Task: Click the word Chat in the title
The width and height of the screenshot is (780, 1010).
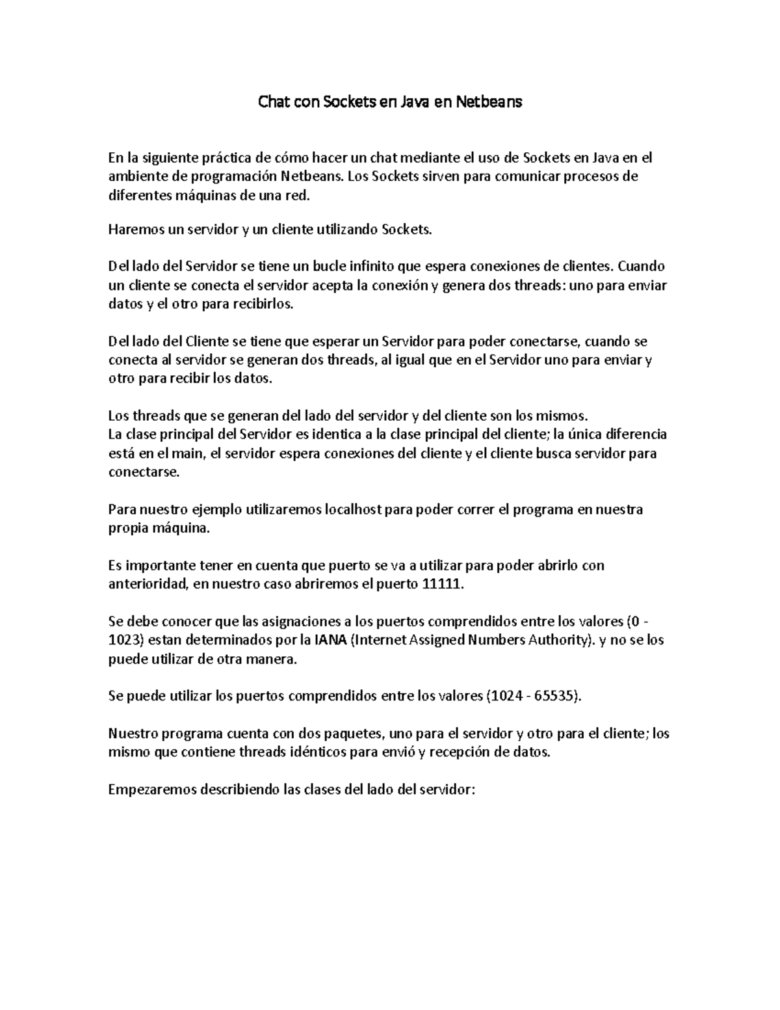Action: coord(274,102)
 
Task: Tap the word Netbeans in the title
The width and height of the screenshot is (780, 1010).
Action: coord(488,102)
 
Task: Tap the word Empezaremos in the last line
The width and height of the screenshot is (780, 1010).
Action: coord(151,790)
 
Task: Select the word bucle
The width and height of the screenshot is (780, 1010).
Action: coord(330,266)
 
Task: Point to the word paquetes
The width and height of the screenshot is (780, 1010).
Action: coord(348,734)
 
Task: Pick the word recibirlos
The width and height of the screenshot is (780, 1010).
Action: coord(262,304)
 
